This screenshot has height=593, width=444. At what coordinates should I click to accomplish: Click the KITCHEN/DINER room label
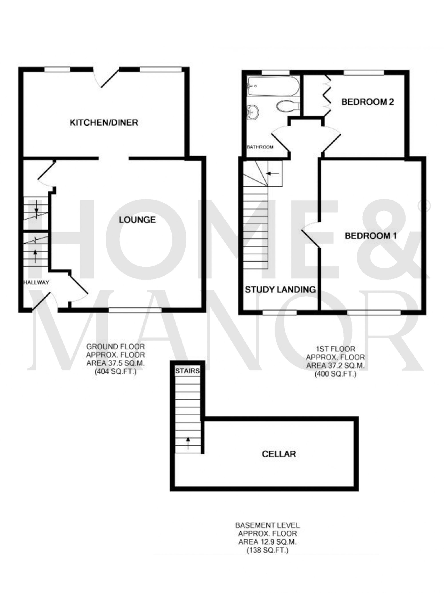tap(104, 123)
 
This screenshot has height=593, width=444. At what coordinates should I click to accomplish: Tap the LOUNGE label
tap(137, 220)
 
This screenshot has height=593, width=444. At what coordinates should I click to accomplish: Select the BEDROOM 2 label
tap(367, 102)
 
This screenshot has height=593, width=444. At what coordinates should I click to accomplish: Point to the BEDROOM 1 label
tap(371, 236)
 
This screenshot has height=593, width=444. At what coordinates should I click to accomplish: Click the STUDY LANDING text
tap(280, 290)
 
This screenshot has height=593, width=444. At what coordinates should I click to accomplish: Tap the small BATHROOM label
tap(260, 147)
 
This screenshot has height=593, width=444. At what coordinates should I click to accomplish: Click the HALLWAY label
tap(36, 282)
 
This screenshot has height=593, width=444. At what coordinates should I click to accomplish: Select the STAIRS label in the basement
tap(187, 371)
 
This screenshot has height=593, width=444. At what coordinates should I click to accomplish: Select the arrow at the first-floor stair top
tap(273, 173)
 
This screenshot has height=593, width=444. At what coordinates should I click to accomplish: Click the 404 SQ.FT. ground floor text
tap(115, 372)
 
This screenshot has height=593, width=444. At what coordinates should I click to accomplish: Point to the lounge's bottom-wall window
tap(135, 310)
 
